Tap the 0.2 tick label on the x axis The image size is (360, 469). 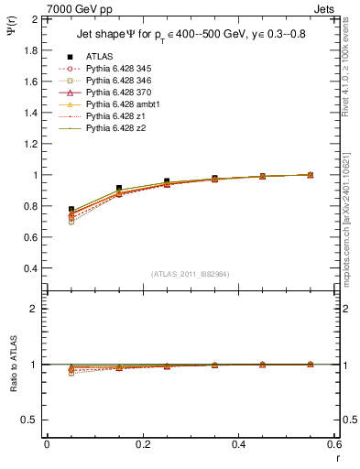point(142,444)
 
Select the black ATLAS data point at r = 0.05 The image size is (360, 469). point(71,210)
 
